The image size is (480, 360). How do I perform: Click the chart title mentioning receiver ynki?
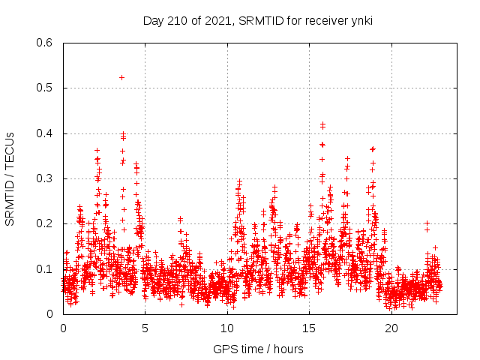[x=257, y=20]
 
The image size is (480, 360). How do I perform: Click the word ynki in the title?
[x=360, y=20]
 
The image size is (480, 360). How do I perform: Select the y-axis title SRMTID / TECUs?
[x=10, y=178]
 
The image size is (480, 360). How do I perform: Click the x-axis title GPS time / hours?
[x=257, y=349]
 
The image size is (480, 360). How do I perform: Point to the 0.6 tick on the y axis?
[x=45, y=43]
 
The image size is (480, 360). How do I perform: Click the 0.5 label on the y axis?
[x=45, y=88]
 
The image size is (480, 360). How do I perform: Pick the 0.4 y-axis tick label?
[x=45, y=133]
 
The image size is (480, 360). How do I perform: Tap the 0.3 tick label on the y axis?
[x=45, y=178]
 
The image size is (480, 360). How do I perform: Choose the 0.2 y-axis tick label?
[x=45, y=223]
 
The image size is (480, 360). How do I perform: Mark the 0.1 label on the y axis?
[x=45, y=268]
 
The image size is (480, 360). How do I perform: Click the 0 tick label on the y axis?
[x=49, y=314]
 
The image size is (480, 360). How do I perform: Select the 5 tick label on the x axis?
[x=145, y=328]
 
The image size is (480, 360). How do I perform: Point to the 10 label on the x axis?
[x=227, y=328]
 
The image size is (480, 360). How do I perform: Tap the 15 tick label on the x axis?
[x=309, y=328]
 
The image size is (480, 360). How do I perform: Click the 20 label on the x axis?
[x=391, y=328]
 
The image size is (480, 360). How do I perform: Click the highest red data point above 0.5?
[x=121, y=77]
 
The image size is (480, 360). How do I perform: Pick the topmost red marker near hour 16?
[x=322, y=124]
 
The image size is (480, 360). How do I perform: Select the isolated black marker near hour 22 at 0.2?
[x=427, y=223]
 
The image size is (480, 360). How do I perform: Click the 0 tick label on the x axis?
[x=63, y=328]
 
